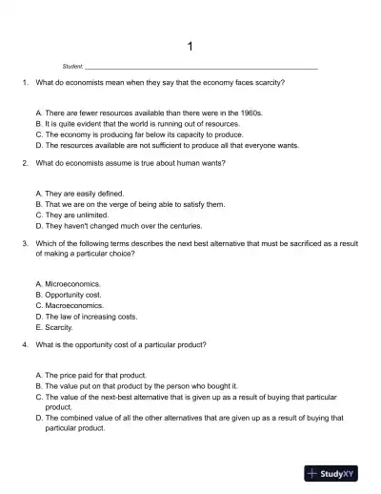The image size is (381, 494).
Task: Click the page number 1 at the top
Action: [x=190, y=46]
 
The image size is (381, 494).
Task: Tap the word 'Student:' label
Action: [x=72, y=68]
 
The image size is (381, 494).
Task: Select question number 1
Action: [x=24, y=83]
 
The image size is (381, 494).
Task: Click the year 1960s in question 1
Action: [x=251, y=113]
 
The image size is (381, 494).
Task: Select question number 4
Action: [x=24, y=343]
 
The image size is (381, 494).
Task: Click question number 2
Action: [x=24, y=163]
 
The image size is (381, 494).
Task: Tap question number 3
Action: [x=24, y=243]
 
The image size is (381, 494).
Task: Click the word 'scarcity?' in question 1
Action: [x=269, y=83]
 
